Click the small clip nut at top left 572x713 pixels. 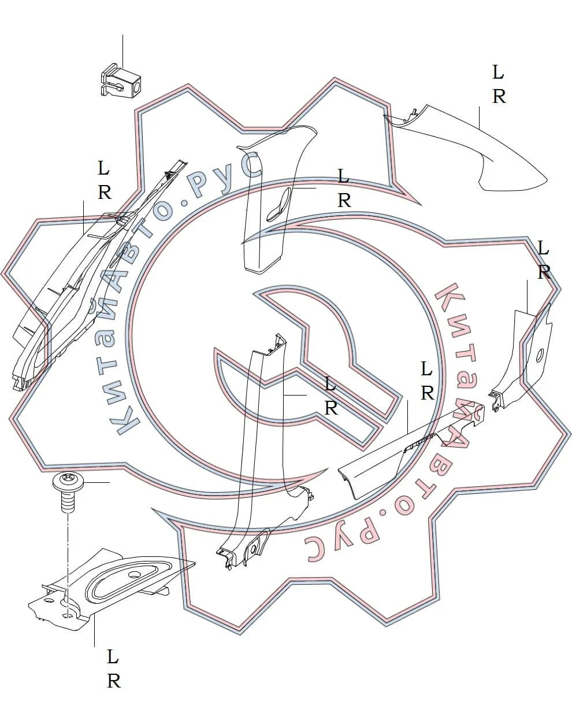click(121, 80)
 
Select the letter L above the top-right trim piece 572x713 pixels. click(498, 72)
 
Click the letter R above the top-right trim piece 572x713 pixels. click(500, 97)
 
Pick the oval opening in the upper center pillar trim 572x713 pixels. click(278, 205)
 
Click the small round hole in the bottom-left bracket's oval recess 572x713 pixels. click(135, 574)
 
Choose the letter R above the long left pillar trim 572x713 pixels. click(105, 192)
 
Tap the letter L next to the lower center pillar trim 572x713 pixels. click(330, 384)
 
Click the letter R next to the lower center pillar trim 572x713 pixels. click(331, 408)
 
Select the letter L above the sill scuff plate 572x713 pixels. click(426, 368)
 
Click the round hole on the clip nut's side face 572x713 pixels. click(137, 87)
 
